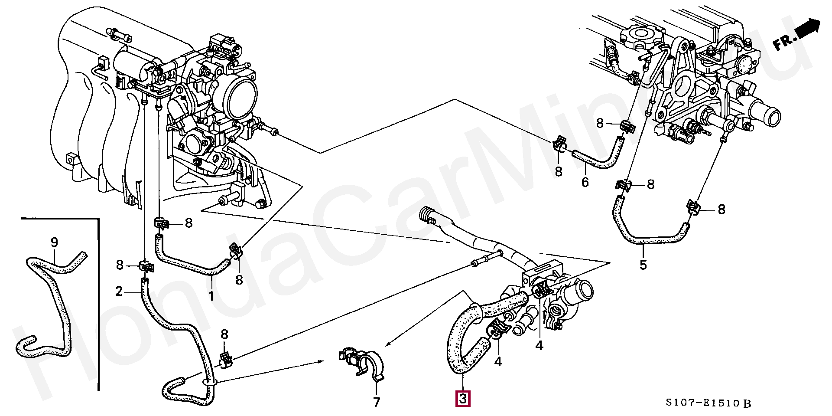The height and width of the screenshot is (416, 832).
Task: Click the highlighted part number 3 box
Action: [x=463, y=399]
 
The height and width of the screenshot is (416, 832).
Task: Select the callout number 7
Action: [x=376, y=402]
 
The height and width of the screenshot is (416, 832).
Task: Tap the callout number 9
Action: [x=54, y=242]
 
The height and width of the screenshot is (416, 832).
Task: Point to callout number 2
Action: [x=119, y=292]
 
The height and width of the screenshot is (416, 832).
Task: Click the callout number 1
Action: [x=211, y=296]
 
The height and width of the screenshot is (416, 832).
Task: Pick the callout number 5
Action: [x=643, y=264]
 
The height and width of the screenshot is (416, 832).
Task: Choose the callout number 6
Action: [x=585, y=182]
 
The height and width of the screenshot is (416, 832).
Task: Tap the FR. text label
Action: [x=785, y=43]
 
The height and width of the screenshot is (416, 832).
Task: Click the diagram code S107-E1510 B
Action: [x=708, y=403]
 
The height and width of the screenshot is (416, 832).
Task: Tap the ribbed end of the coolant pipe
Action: [x=427, y=215]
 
